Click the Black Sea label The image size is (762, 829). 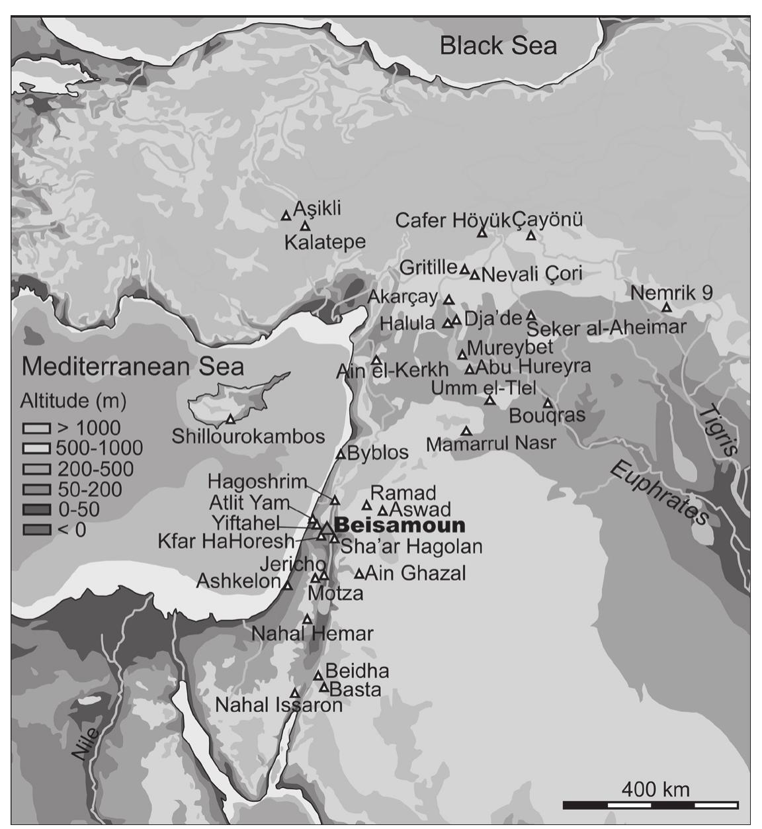coord(498,46)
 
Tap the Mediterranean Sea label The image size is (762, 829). coord(132,366)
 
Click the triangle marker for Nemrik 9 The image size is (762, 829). coord(667,308)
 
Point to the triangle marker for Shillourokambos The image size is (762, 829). coord(230,419)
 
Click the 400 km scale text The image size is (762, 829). coord(655,789)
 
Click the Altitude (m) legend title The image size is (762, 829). coord(73,401)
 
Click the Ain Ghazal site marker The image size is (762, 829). coord(360,574)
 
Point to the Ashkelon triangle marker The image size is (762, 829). coord(288,585)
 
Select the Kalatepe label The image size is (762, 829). coord(325,242)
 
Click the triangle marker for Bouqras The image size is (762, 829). coord(548,403)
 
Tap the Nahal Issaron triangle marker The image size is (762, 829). coord(294,693)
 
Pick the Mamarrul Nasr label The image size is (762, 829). coord(491,443)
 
